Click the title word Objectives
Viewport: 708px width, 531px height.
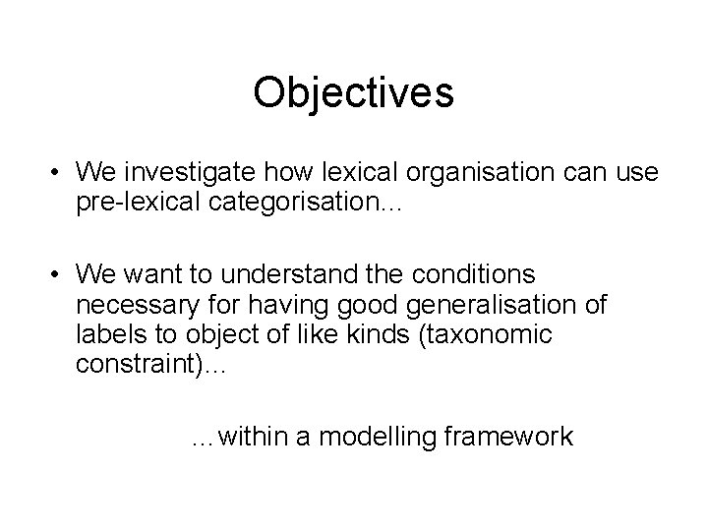[x=353, y=93]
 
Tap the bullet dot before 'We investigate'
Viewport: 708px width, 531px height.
[x=58, y=174]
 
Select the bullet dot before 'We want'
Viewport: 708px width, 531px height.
[x=58, y=270]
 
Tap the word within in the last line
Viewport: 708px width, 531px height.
[x=251, y=436]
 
